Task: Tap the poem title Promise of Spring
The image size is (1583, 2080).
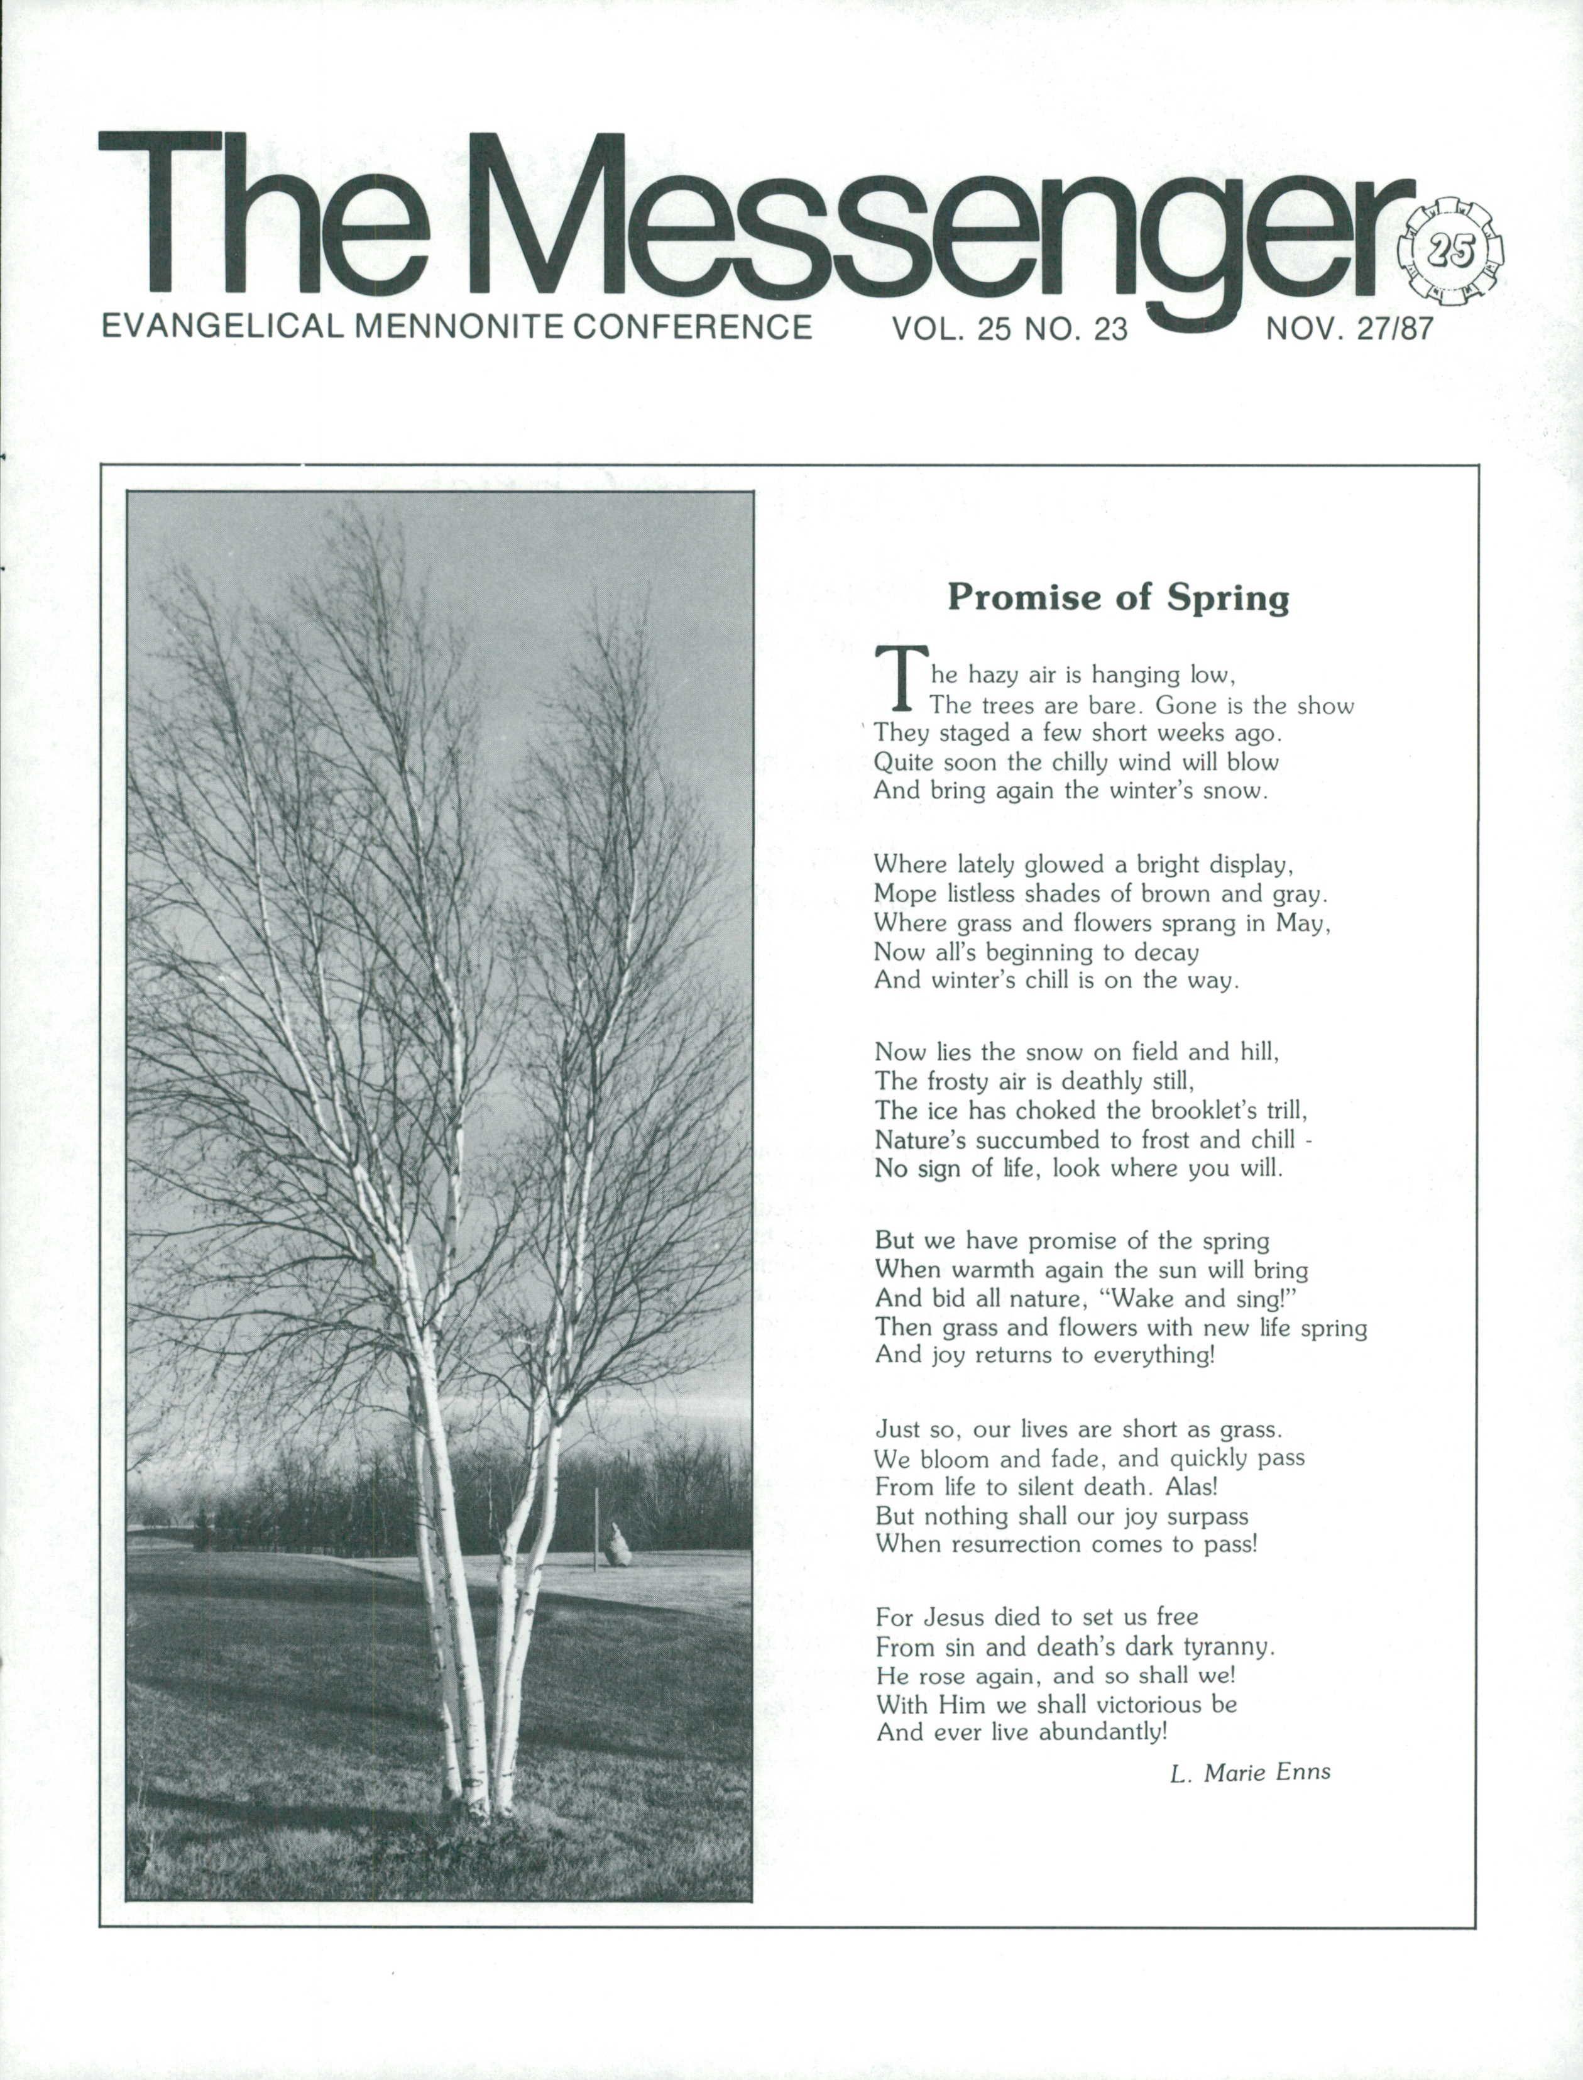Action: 1117,598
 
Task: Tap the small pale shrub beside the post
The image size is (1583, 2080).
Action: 617,1544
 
